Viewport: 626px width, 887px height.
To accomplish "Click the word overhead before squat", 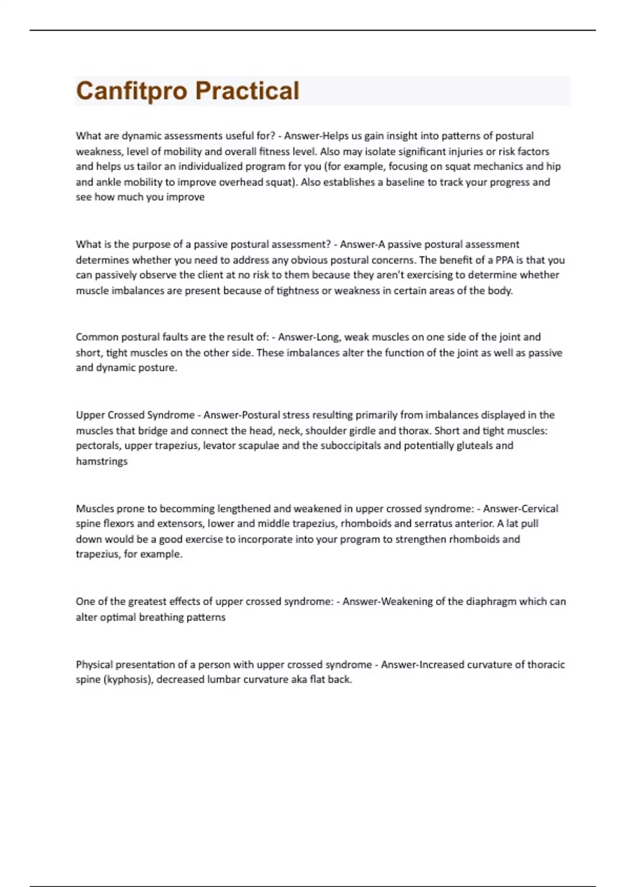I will tap(241, 182).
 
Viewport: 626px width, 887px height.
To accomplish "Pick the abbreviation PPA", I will tap(504, 260).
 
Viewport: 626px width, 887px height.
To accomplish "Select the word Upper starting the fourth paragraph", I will tap(90, 415).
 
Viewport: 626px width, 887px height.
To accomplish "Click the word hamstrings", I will tap(102, 461).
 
